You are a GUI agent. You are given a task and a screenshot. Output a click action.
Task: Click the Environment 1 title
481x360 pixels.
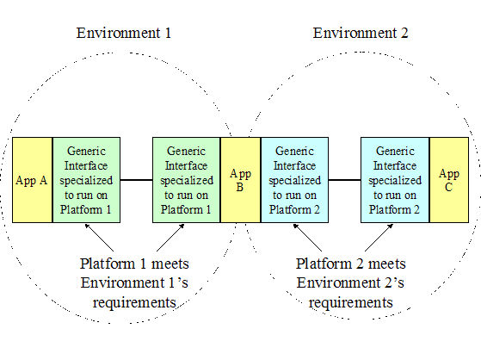(124, 33)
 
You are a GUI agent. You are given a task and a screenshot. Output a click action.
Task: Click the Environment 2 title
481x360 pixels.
(361, 33)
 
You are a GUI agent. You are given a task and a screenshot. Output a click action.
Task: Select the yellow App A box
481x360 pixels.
(32, 180)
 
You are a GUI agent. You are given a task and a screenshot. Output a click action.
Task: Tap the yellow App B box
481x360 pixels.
(241, 180)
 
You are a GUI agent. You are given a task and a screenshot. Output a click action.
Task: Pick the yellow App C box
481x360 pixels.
(449, 180)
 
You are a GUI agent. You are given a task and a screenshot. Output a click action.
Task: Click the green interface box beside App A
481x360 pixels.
(87, 180)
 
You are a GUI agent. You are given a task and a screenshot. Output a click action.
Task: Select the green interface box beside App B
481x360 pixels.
(187, 180)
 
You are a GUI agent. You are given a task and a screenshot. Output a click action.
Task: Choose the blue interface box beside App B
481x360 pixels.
(294, 180)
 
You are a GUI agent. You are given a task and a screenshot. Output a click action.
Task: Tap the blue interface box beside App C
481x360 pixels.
(395, 180)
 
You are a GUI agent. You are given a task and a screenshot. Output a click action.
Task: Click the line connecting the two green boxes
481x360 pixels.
(137, 180)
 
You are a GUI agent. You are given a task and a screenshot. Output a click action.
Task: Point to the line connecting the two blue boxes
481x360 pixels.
(344, 180)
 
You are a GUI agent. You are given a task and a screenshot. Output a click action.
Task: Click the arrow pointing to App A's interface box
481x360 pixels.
(99, 238)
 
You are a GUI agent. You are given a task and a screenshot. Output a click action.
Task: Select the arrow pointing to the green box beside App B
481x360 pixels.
(170, 238)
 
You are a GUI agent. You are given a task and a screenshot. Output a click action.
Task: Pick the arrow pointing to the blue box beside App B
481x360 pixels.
(307, 238)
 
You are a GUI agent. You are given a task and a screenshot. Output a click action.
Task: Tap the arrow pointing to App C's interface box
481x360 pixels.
(379, 238)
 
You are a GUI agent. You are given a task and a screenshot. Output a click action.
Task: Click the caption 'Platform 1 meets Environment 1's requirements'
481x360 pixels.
(134, 283)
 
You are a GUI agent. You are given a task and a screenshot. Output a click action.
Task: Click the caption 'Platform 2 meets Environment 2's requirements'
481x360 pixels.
(350, 283)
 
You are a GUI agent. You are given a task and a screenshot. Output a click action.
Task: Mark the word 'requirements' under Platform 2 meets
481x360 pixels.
(350, 302)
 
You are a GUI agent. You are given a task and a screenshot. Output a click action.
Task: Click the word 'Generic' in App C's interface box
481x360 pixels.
(395, 151)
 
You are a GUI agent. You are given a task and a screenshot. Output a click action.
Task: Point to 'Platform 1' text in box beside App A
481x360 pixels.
(85, 209)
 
